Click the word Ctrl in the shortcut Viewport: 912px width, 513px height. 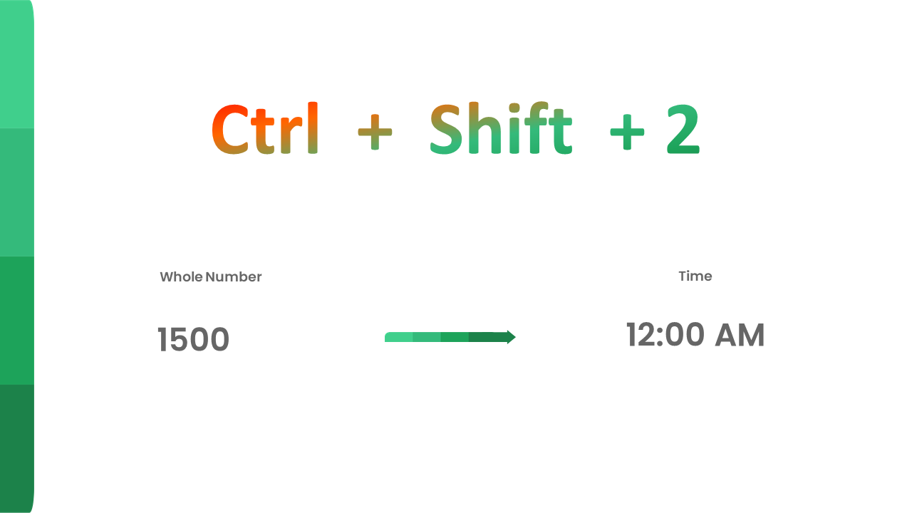click(264, 129)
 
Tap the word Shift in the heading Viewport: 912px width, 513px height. click(501, 129)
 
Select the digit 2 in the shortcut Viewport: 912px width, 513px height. click(683, 130)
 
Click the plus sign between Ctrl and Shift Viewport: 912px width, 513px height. click(375, 133)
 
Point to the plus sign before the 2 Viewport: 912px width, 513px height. click(627, 133)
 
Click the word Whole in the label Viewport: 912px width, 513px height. click(181, 277)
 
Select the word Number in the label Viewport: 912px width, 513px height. click(234, 277)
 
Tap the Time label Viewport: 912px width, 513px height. click(695, 276)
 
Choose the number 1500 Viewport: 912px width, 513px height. click(193, 340)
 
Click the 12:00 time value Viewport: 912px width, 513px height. click(665, 336)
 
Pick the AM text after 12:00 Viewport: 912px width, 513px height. click(740, 336)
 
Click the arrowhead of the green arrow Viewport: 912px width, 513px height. click(511, 337)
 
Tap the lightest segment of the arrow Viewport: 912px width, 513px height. click(399, 337)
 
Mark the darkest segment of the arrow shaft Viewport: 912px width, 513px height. click(487, 337)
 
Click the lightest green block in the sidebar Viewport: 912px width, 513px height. click(16, 64)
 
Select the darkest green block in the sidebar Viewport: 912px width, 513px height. click(16, 448)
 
